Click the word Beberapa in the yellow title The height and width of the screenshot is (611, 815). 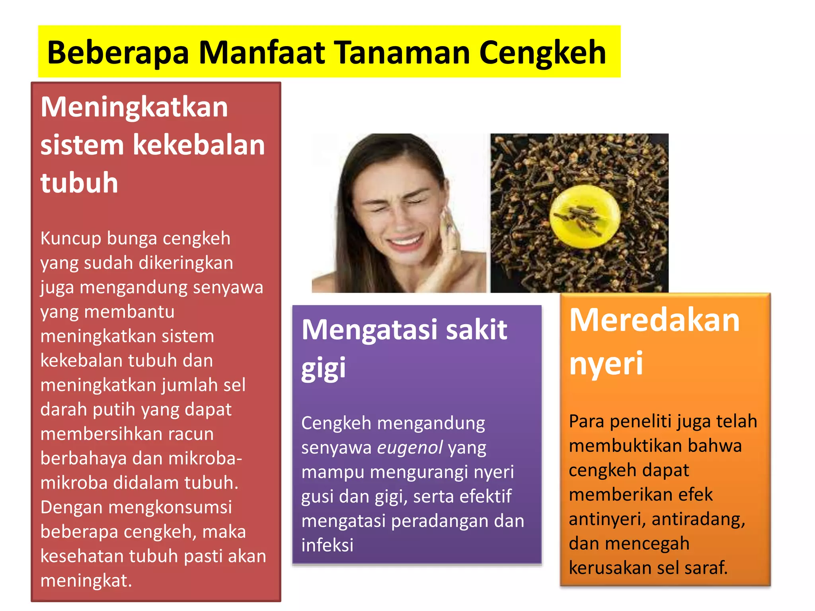click(x=118, y=53)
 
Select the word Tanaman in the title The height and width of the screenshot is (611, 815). click(x=402, y=53)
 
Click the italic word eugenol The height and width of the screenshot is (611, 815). click(x=410, y=448)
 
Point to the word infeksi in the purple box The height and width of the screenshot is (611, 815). click(x=327, y=545)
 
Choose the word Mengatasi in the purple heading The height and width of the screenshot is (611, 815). click(x=370, y=330)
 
